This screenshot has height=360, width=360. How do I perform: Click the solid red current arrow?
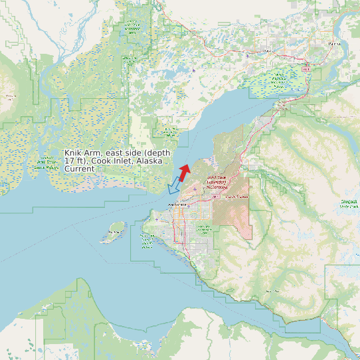point(185,172)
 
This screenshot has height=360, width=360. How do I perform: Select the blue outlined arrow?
point(174,186)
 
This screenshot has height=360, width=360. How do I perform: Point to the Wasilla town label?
point(269,50)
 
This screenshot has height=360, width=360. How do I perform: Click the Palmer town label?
point(333,44)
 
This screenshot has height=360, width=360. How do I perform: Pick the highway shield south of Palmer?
point(307,68)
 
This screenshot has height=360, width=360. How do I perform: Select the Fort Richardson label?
point(237,197)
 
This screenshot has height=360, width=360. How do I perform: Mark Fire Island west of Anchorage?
point(116,230)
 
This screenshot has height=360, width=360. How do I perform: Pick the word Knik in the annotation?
point(73,153)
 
